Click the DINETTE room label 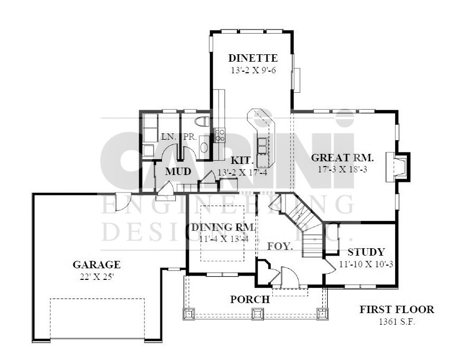point(253,58)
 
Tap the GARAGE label point(97,265)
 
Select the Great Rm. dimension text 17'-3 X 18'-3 point(342,169)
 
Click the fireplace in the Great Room point(398,167)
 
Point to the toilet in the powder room point(203,121)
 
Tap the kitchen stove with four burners point(220,135)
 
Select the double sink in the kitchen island point(262,145)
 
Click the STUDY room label point(366,252)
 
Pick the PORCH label point(250,299)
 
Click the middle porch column point(258,314)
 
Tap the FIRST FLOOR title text point(397,309)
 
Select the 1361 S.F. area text point(397,322)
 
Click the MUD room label point(178,171)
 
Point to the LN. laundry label point(169,137)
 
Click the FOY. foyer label point(280,247)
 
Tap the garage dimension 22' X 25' point(97,277)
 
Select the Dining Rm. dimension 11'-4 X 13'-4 point(224,239)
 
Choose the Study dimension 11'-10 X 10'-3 point(366,264)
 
